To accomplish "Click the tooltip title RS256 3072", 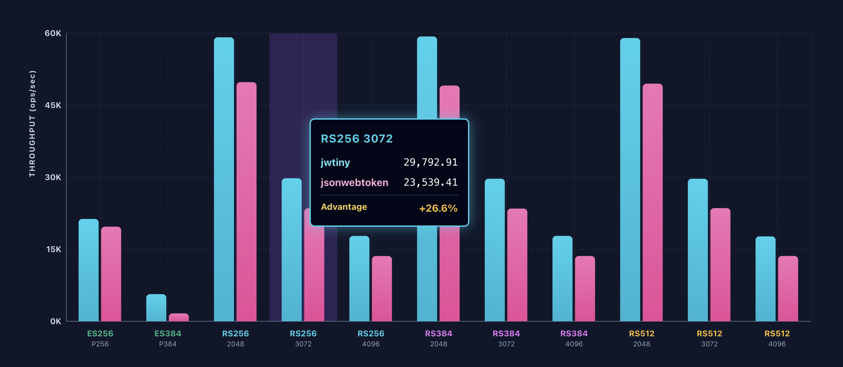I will (x=356, y=139).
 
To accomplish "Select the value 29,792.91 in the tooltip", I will (x=430, y=163).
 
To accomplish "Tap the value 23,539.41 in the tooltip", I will (x=430, y=182).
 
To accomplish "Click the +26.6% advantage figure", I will (x=438, y=208).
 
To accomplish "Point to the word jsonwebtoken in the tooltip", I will (x=354, y=182).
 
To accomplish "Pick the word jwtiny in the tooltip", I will (x=335, y=163).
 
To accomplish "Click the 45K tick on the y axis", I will (x=53, y=106).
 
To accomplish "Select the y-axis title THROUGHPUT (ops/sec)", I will (x=32, y=124).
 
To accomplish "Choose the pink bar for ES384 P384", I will (x=179, y=317).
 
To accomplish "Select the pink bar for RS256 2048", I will (x=246, y=201).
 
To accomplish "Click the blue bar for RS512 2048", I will (x=630, y=179).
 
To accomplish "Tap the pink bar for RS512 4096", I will (x=788, y=288).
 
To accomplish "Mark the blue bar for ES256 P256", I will (x=88, y=270).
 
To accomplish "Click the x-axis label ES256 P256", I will (x=100, y=338).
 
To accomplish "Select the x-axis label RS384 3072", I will (x=506, y=338).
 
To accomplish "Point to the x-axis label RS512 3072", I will (x=709, y=338).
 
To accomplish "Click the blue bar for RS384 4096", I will (x=562, y=279).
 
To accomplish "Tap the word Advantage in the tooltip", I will (x=344, y=207).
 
